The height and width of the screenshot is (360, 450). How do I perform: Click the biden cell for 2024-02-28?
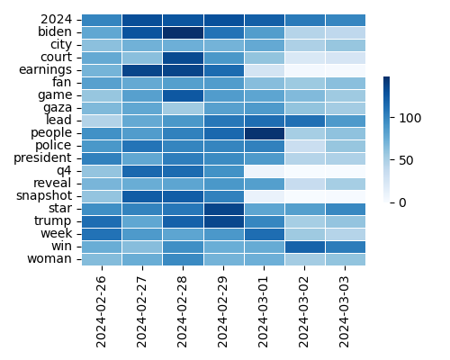coord(183,31)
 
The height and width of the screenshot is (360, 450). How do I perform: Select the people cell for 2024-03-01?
coord(265,132)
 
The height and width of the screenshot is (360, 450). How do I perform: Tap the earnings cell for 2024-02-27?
coord(142,69)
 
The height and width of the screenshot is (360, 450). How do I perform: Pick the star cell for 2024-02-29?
coord(224,208)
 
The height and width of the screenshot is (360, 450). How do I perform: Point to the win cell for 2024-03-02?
coord(305,246)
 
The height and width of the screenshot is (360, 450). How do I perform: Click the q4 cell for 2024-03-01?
coord(265,170)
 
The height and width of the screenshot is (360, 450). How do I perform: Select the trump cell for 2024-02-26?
coord(102,220)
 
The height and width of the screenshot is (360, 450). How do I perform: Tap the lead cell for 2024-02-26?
coord(102,120)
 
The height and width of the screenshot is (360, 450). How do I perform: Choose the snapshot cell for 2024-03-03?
coord(346,195)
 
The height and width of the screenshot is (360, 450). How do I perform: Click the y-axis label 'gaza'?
coord(56,107)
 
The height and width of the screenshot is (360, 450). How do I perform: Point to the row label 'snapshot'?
coord(45,195)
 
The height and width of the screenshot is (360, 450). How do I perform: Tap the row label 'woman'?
coord(52,258)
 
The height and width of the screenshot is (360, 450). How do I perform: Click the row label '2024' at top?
coord(58,19)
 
